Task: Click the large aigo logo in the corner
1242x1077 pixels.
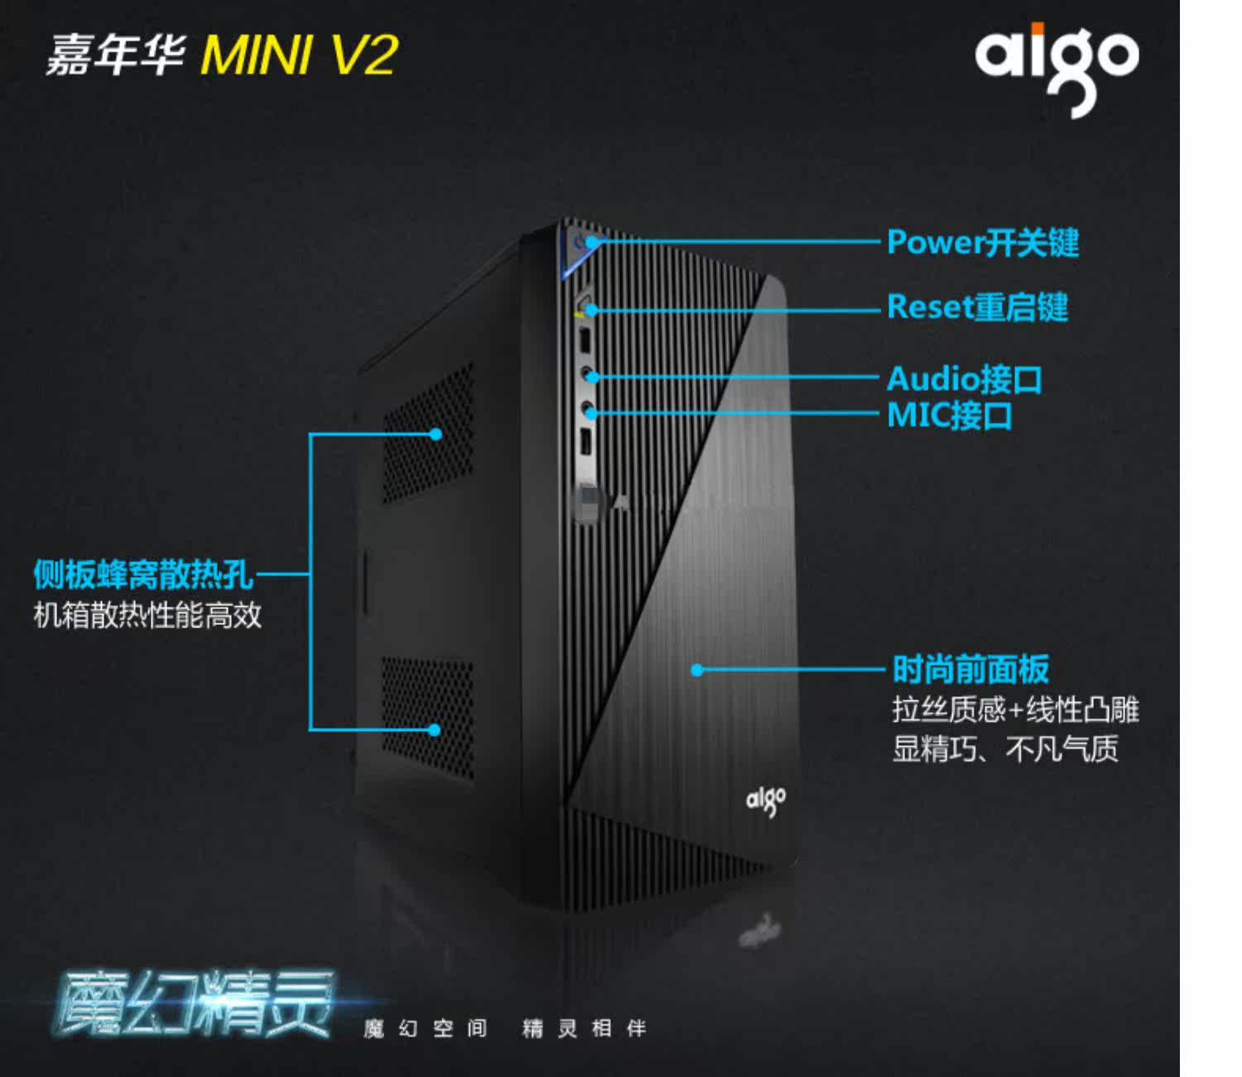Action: [1057, 70]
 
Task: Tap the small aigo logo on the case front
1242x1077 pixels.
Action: [765, 801]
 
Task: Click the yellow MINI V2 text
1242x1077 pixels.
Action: [299, 55]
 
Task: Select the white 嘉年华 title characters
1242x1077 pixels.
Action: [115, 55]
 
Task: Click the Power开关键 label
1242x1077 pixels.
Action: [983, 242]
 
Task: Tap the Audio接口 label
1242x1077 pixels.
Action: [965, 378]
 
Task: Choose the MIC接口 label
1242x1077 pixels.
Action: [950, 415]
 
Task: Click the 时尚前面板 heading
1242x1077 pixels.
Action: [970, 669]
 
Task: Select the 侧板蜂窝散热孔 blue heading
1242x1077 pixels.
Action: [143, 574]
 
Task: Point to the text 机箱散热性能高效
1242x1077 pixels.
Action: [147, 615]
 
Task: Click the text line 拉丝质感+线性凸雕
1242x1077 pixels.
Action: [1016, 709]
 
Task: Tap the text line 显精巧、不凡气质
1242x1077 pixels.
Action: [1005, 748]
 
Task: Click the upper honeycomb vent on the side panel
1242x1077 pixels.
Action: [428, 434]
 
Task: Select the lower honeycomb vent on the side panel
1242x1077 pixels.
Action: [428, 717]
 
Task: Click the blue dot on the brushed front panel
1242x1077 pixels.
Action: [697, 670]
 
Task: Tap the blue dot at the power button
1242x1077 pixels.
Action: [593, 242]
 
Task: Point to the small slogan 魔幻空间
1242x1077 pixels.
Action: [425, 1028]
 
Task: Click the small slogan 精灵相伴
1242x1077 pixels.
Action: [584, 1028]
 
